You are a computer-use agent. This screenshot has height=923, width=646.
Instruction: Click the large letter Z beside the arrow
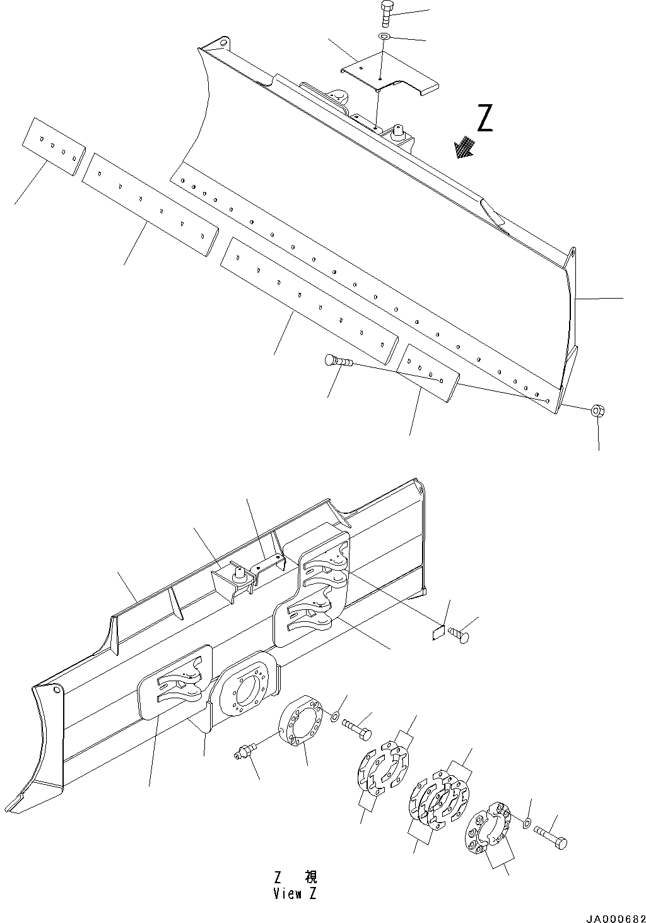pyautogui.click(x=484, y=119)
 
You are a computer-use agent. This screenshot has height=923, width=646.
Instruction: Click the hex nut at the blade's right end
pyautogui.click(x=597, y=411)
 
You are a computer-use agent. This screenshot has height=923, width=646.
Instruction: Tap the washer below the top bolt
pyautogui.click(x=384, y=37)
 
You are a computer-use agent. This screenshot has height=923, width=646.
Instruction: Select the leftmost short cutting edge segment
pyautogui.click(x=54, y=146)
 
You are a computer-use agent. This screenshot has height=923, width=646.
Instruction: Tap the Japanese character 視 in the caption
pyautogui.click(x=310, y=877)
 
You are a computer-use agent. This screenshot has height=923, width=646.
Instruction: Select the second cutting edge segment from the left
pyautogui.click(x=150, y=203)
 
